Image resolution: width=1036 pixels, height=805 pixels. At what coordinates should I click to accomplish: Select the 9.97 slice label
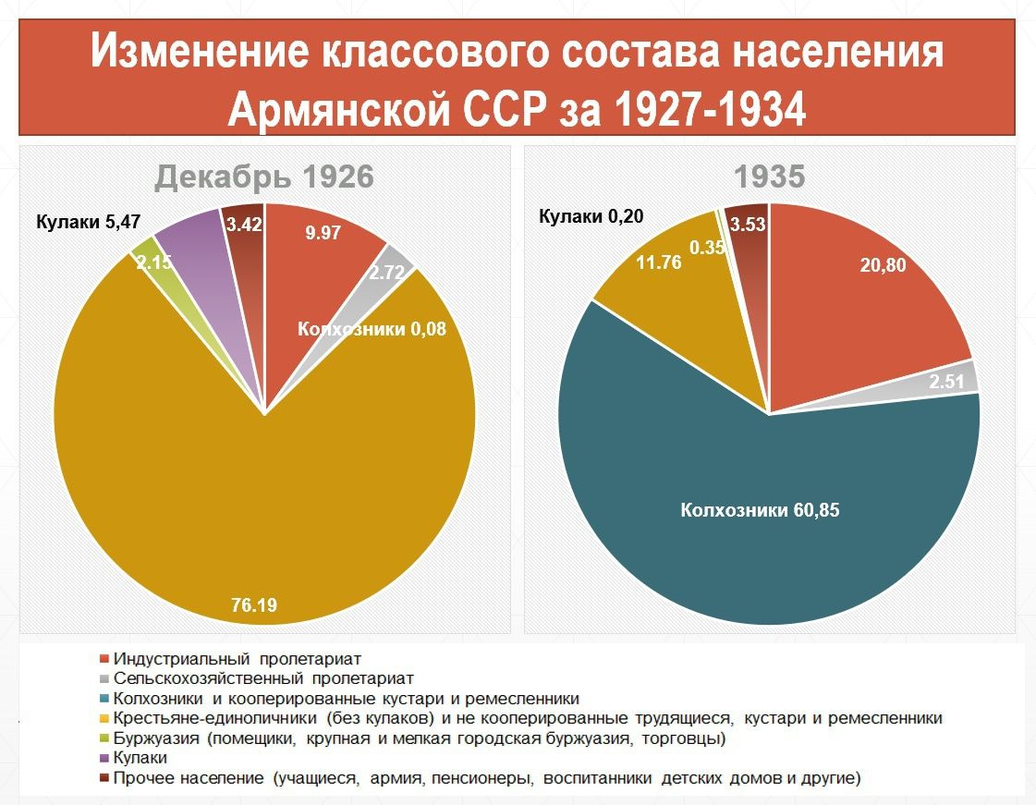coord(323,233)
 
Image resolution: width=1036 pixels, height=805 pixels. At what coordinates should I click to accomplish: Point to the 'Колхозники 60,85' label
coord(760,509)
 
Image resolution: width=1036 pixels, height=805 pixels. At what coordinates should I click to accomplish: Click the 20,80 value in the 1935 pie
coord(884,266)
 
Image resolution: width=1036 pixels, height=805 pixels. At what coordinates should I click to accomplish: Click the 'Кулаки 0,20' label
coord(591,217)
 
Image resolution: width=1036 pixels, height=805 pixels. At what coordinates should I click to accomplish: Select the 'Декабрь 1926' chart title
coord(264,176)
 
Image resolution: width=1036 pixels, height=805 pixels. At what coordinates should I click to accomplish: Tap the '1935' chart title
coord(769,176)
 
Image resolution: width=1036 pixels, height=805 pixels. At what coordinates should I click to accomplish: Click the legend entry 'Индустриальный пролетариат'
coord(236,659)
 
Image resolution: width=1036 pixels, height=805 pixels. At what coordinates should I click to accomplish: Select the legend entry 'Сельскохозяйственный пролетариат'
coord(262,678)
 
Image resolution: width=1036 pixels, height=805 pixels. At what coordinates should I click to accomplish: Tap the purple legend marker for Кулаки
coord(104,758)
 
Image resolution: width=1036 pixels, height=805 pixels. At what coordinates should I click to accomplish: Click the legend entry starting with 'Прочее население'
coord(486,778)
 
